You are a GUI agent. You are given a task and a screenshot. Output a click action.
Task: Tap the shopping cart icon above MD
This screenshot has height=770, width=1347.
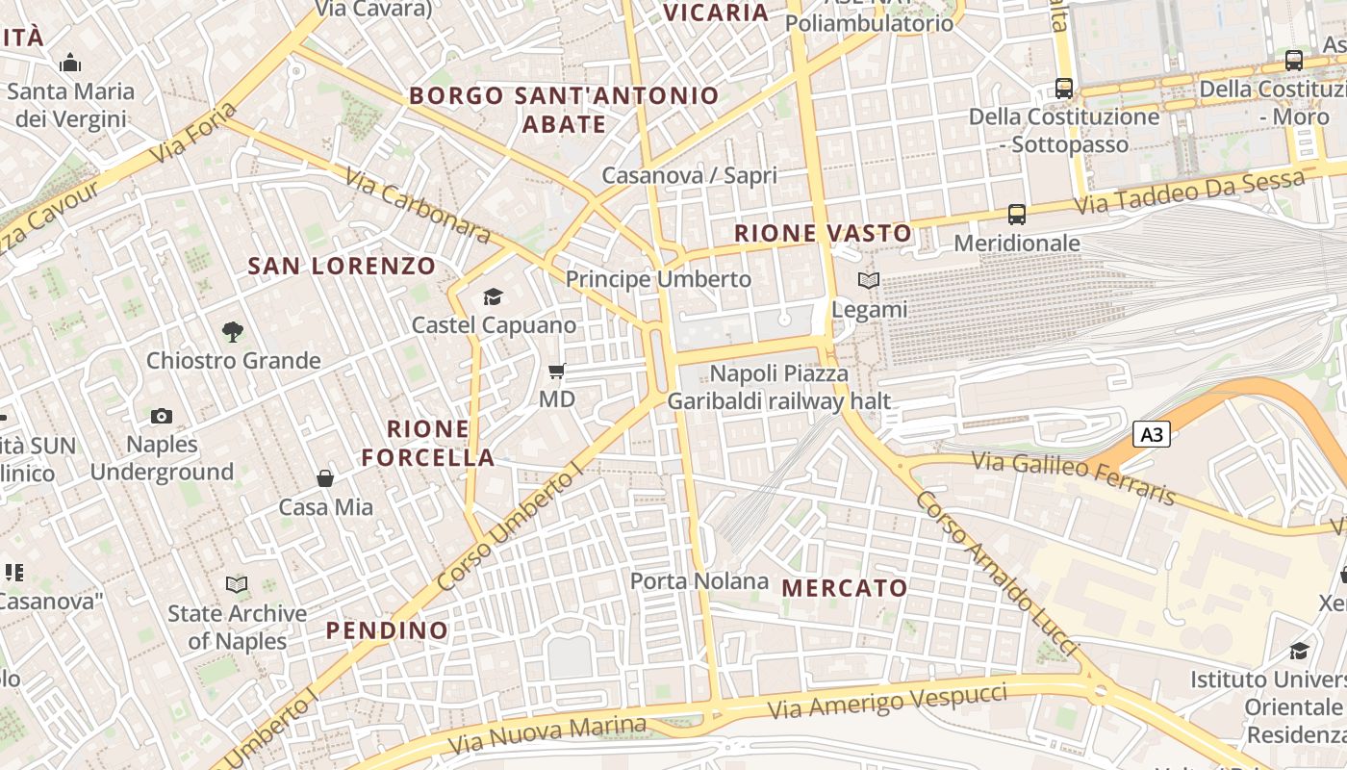coord(556,371)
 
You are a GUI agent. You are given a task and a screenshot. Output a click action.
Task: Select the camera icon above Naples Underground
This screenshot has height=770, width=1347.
coord(162,416)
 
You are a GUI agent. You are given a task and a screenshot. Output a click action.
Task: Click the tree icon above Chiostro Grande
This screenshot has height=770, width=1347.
coord(232,332)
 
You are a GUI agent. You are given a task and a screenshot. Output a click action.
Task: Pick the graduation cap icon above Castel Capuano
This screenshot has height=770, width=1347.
coord(494,296)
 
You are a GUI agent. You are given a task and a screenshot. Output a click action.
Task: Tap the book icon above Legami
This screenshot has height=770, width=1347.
coord(869,281)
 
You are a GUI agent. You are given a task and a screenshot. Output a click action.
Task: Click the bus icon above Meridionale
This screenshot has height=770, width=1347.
coord(1017,214)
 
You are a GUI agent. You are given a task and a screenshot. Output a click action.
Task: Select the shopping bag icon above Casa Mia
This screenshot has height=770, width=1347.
coord(325,478)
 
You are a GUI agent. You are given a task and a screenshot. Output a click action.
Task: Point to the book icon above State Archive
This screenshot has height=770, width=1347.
coord(237,584)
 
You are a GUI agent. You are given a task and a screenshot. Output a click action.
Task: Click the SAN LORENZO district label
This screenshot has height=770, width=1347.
coord(343,266)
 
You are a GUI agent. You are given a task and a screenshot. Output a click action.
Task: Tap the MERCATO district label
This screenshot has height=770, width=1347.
coord(845,587)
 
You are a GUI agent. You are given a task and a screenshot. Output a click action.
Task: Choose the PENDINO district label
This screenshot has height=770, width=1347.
coord(387,630)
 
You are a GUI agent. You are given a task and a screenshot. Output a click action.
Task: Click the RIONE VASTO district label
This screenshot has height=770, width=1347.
coord(823,233)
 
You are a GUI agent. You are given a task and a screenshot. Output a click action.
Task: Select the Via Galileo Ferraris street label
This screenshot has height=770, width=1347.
coord(1074,477)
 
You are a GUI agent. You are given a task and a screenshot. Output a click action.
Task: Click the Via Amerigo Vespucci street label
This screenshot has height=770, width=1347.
coord(888,702)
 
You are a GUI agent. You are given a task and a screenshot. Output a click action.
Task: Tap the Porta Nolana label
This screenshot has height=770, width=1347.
coord(699,580)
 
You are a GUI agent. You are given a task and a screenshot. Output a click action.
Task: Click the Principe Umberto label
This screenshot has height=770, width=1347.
coord(658,279)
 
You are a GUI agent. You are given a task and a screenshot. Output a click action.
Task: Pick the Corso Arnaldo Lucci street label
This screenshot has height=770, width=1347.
coord(997,573)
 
